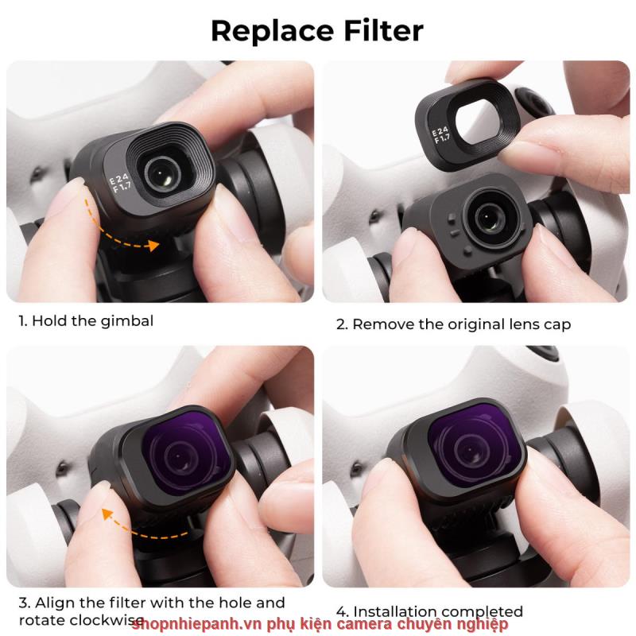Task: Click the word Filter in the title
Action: [384, 30]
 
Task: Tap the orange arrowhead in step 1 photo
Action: [153, 245]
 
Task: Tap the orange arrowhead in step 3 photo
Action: [107, 514]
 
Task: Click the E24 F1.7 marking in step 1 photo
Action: [120, 183]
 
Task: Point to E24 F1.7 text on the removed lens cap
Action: [440, 134]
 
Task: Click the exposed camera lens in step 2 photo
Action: [490, 218]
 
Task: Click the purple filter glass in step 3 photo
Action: [186, 453]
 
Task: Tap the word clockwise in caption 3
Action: [107, 620]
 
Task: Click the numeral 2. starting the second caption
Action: [342, 325]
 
